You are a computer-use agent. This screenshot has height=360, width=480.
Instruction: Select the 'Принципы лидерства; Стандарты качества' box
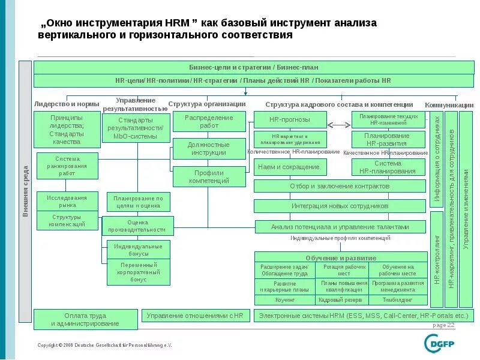coord(67,130)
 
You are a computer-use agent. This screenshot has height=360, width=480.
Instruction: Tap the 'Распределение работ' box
coord(209,122)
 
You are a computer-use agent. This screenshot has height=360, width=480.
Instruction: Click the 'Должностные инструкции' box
coord(209,148)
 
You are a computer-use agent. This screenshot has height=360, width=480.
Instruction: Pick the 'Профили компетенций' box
coord(209,176)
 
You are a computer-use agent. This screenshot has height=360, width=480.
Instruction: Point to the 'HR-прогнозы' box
coord(290,119)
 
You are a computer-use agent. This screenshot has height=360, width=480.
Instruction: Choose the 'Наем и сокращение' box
coord(290,166)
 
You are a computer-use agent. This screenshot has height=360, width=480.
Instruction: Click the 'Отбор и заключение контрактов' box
coord(340,186)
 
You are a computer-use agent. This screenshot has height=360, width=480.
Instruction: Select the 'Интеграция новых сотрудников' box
coord(340,206)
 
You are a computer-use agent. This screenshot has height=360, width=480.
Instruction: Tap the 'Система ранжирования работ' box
coord(67,166)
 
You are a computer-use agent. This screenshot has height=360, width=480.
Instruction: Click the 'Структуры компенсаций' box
coord(67,221)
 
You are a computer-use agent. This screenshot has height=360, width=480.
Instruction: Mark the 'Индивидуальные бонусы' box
coord(134,250)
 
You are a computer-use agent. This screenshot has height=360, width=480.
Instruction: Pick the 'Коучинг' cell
coord(285,299)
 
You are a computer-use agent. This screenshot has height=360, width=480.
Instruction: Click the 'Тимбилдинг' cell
coord(397,299)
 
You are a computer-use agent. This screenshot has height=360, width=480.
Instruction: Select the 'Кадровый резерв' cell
coord(340,299)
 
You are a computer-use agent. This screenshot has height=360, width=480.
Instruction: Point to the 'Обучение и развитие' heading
coord(340,257)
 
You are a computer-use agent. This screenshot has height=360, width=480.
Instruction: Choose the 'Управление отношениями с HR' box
coord(195,315)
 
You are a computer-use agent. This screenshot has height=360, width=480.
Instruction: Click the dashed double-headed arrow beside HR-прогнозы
coord(339,125)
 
